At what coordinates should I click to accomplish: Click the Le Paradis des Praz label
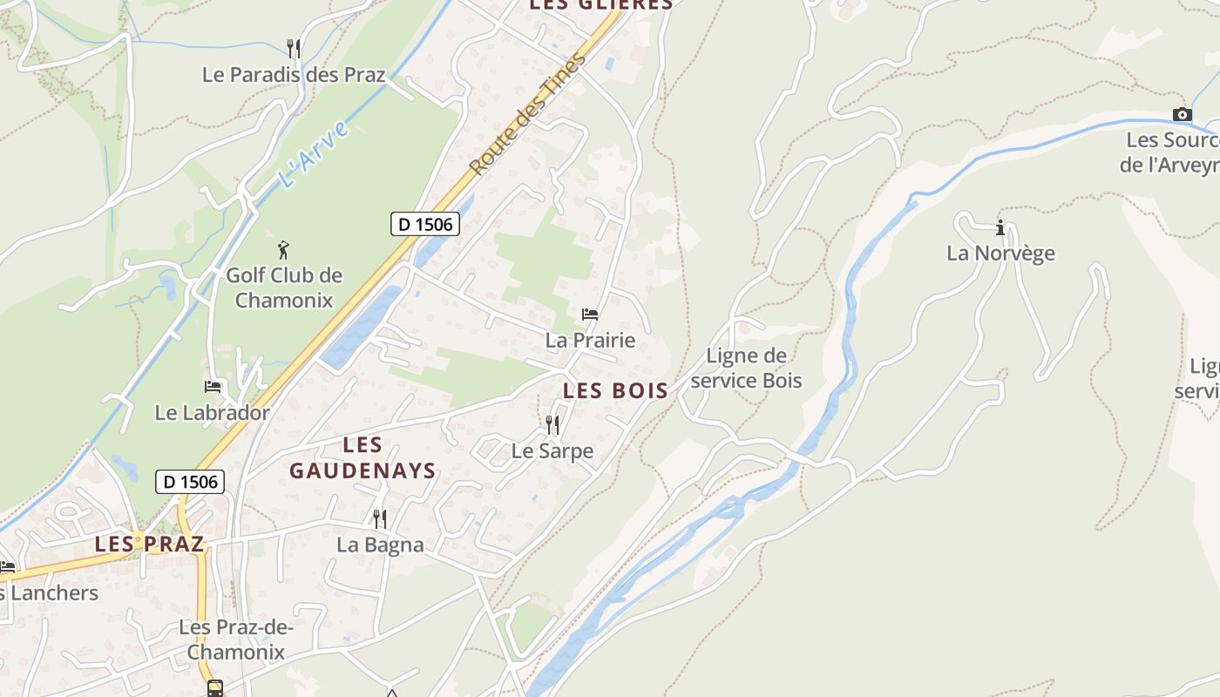(x=294, y=75)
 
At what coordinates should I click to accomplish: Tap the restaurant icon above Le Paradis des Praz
(x=294, y=48)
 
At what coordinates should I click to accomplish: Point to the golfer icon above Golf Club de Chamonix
(x=283, y=251)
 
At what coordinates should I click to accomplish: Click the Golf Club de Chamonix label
(x=284, y=288)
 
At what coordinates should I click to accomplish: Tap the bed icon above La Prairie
(x=590, y=314)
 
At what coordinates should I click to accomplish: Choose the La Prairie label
(x=590, y=341)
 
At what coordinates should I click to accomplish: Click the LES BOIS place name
(x=615, y=391)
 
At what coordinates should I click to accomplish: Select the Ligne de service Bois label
(x=746, y=368)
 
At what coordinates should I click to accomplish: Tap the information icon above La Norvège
(x=1000, y=228)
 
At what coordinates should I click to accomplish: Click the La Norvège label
(x=1000, y=254)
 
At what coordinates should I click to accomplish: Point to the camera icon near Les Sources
(x=1182, y=114)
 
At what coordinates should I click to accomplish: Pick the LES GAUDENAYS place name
(x=363, y=458)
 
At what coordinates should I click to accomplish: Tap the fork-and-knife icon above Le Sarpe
(x=552, y=425)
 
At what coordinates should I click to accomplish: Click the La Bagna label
(x=380, y=545)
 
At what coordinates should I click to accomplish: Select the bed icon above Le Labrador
(x=213, y=386)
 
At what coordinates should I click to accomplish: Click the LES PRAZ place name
(x=149, y=545)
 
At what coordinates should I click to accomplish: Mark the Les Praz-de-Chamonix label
(x=236, y=639)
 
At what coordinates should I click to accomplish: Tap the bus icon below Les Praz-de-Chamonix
(x=214, y=688)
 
